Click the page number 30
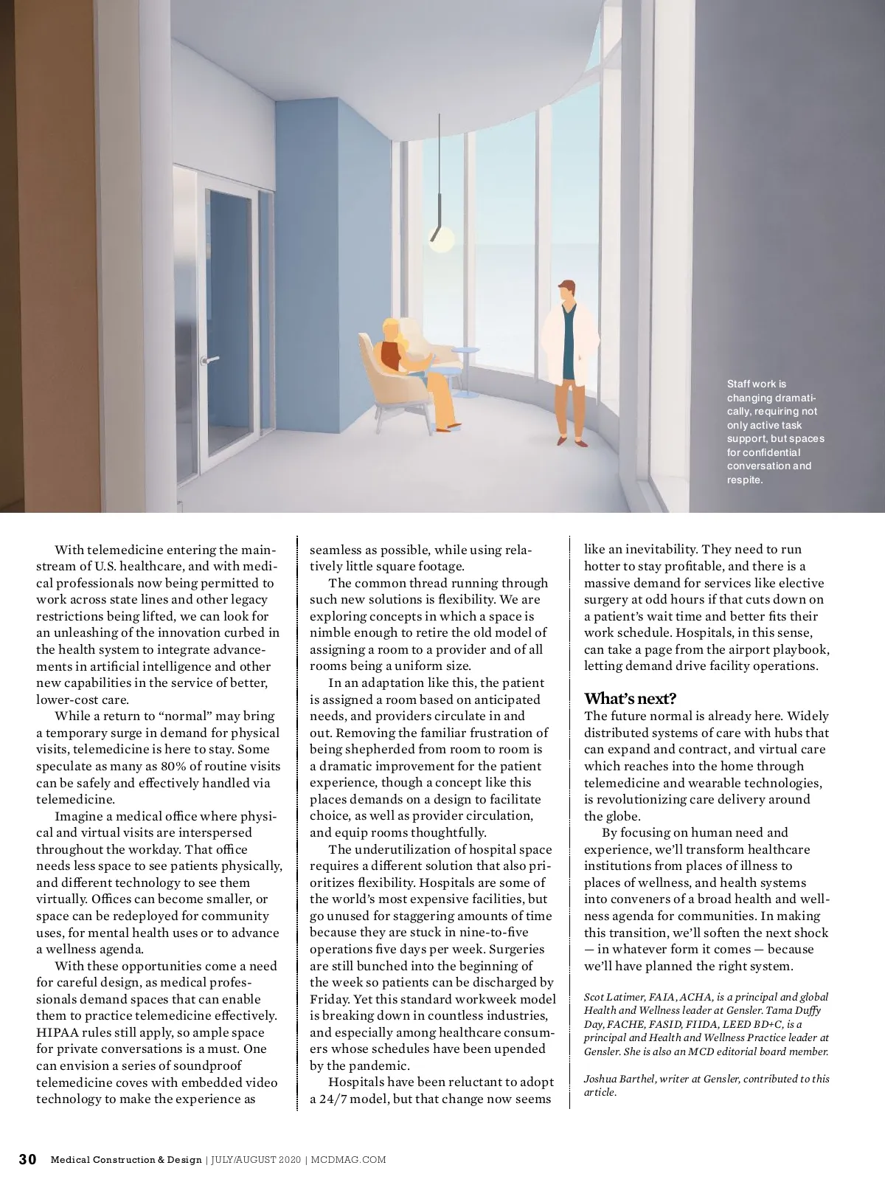(27, 1159)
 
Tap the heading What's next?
(630, 698)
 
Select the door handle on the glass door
(211, 360)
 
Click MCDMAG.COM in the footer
(349, 1160)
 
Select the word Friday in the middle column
(328, 999)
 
